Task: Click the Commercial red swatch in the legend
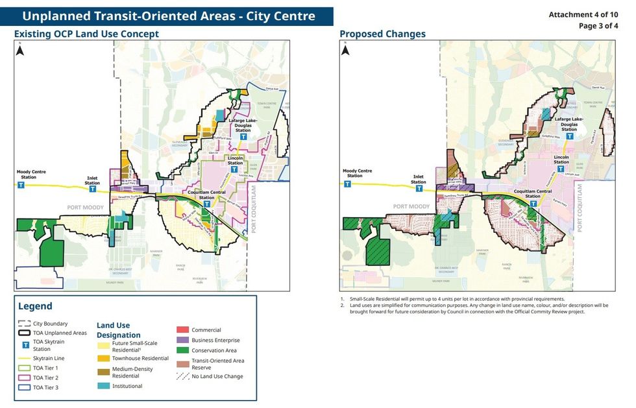(182, 330)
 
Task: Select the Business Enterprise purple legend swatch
(182, 340)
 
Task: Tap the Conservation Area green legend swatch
(182, 350)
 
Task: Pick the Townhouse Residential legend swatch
(103, 358)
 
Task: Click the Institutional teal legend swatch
(103, 386)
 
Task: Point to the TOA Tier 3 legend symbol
(24, 387)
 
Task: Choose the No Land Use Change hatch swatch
(182, 376)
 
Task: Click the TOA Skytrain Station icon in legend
(25, 345)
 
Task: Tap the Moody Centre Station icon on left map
(21, 185)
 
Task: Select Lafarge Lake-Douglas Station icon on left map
(243, 138)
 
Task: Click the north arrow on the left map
(20, 50)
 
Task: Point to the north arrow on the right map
(346, 50)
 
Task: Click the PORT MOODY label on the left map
(85, 208)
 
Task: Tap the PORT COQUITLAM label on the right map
(580, 208)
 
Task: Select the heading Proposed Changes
(382, 34)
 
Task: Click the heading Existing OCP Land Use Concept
(86, 34)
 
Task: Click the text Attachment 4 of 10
(583, 14)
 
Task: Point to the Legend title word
(35, 306)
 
